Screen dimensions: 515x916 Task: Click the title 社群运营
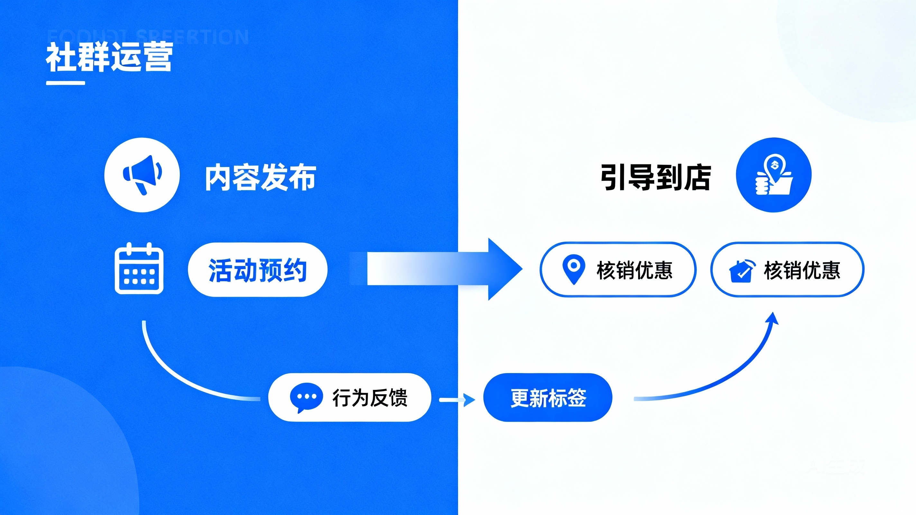[x=109, y=57]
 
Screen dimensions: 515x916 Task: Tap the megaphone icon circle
[x=142, y=175]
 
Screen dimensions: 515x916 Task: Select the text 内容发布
[x=260, y=177]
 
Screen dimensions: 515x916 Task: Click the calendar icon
[x=139, y=269]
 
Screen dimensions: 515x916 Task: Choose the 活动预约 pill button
[x=257, y=270]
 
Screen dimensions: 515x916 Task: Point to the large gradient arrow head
[x=503, y=269]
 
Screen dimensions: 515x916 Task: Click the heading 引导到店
[x=656, y=177]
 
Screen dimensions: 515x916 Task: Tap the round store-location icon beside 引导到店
[x=774, y=175]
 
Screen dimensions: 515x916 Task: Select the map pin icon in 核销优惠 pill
[x=573, y=269]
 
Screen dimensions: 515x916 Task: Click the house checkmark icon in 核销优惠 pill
[x=742, y=271]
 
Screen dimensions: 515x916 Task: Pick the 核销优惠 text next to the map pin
[x=635, y=270]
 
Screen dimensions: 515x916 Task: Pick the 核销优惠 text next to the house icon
[x=802, y=270]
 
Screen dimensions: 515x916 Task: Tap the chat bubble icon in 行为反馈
[x=306, y=397]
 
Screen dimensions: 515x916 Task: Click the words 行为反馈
[x=370, y=398]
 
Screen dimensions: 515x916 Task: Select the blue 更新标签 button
[x=548, y=398]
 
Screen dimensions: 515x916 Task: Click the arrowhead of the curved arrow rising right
[x=772, y=318]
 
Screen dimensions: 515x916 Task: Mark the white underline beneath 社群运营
[x=65, y=83]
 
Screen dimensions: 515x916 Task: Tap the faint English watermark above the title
[x=148, y=37]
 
